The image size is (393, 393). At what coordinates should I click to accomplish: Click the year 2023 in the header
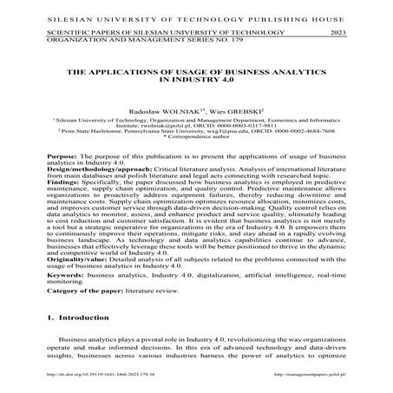tap(342, 30)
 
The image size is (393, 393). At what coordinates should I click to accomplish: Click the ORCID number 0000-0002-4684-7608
tap(307, 130)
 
